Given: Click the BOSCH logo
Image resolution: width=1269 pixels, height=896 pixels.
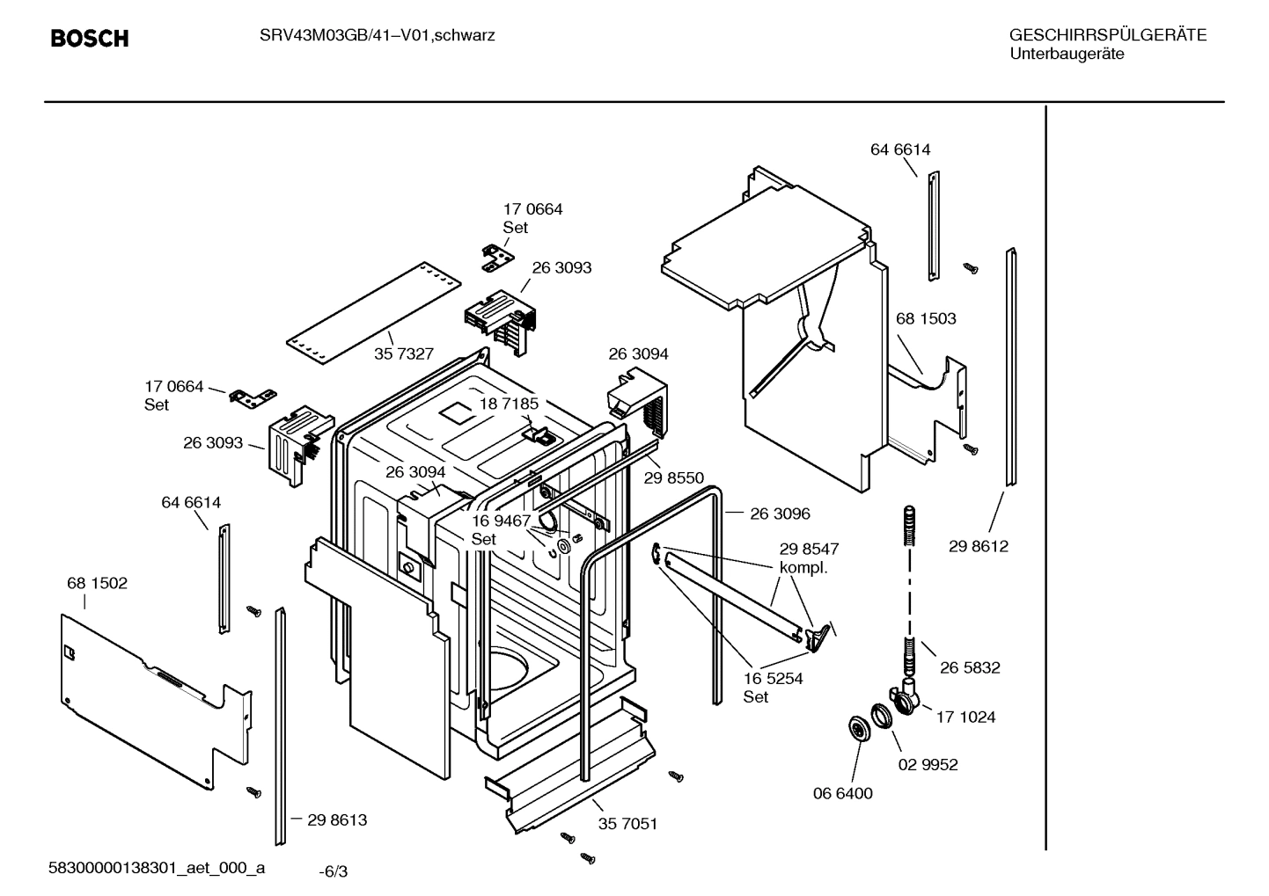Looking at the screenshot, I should click(89, 38).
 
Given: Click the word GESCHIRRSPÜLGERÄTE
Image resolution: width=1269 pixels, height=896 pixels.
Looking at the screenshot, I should click(1107, 35).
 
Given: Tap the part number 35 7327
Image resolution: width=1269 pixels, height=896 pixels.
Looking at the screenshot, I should click(404, 353).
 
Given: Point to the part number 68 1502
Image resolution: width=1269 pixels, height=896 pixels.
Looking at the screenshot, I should click(97, 583).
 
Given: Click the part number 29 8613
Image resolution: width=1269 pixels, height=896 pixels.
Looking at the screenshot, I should click(337, 820).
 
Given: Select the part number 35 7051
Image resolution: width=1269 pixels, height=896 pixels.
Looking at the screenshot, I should click(627, 824).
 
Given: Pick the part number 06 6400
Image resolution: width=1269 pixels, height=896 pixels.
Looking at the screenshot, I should click(842, 793).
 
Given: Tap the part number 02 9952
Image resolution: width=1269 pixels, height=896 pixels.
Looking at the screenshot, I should click(928, 764).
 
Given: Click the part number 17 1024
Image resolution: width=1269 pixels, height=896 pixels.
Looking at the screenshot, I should click(965, 717).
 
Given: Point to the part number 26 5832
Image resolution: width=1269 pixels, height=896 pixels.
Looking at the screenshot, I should click(970, 667).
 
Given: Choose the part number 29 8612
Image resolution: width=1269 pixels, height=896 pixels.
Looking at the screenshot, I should click(979, 546).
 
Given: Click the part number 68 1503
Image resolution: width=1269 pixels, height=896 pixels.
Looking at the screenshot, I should click(926, 318).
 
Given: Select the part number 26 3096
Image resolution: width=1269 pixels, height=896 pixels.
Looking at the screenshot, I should click(780, 514).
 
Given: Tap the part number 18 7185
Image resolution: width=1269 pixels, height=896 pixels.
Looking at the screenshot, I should click(509, 404).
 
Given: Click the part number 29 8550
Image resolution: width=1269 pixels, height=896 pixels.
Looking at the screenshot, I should click(674, 477).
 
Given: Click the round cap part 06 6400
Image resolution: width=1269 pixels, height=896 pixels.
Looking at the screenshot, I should click(855, 729).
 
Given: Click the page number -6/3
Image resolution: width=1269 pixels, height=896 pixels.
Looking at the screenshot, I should click(333, 871).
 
